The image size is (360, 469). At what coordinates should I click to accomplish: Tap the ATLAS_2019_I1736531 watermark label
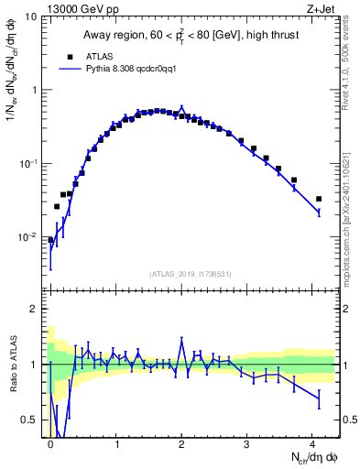pos(191,274)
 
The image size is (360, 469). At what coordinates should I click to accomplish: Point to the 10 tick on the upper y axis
pos(33,17)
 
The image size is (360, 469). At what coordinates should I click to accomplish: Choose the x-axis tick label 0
pos(50,442)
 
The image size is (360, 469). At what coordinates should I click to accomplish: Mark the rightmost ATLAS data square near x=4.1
pos(319,199)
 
